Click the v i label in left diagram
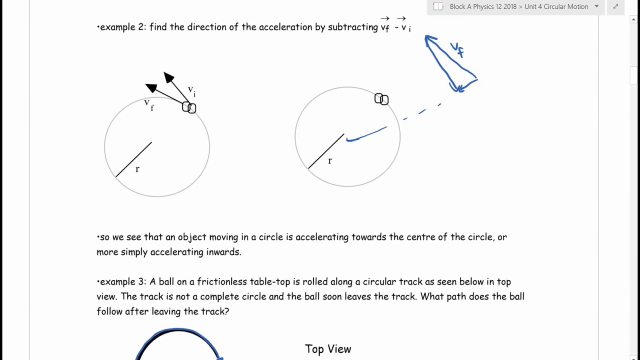tap(191, 90)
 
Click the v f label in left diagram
tap(148, 104)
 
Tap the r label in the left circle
tap(137, 169)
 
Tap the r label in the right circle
tap(329, 160)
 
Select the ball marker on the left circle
tap(189, 107)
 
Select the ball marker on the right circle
tap(381, 99)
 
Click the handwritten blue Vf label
tap(457, 49)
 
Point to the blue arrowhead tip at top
tap(426, 37)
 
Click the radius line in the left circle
tap(133, 159)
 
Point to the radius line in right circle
tap(325, 151)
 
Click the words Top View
tap(328, 349)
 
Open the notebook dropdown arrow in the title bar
tap(596, 6)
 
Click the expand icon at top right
tap(615, 6)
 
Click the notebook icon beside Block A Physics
tap(438, 6)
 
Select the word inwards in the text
tap(223, 252)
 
